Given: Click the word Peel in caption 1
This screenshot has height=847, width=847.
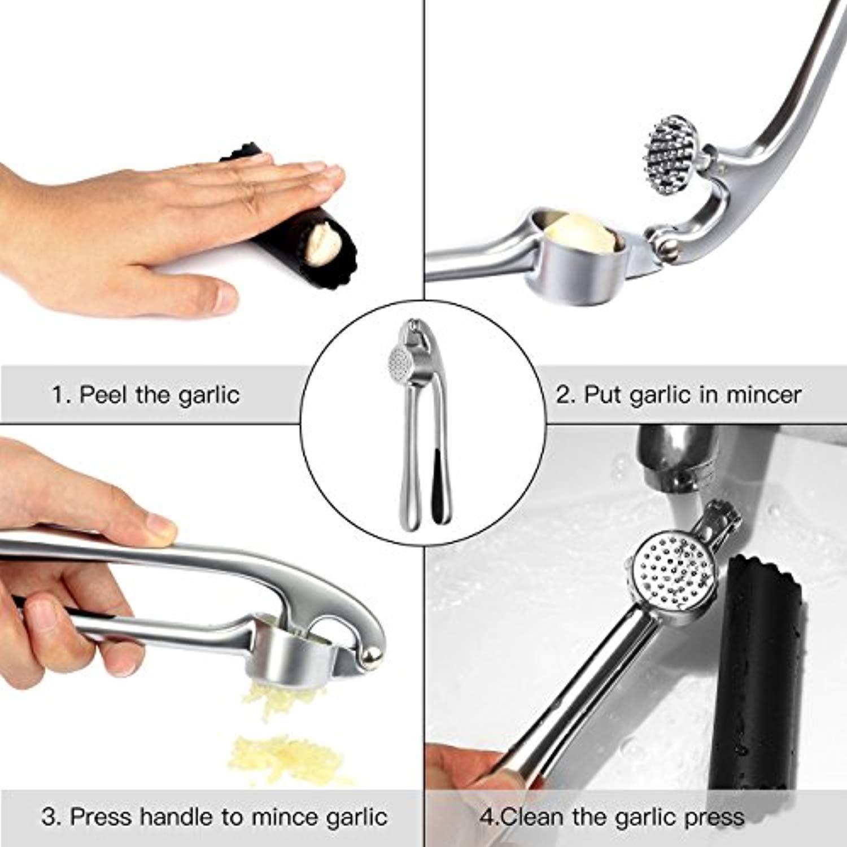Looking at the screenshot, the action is click(x=103, y=394).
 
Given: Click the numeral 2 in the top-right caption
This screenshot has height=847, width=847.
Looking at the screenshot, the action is click(x=564, y=394).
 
